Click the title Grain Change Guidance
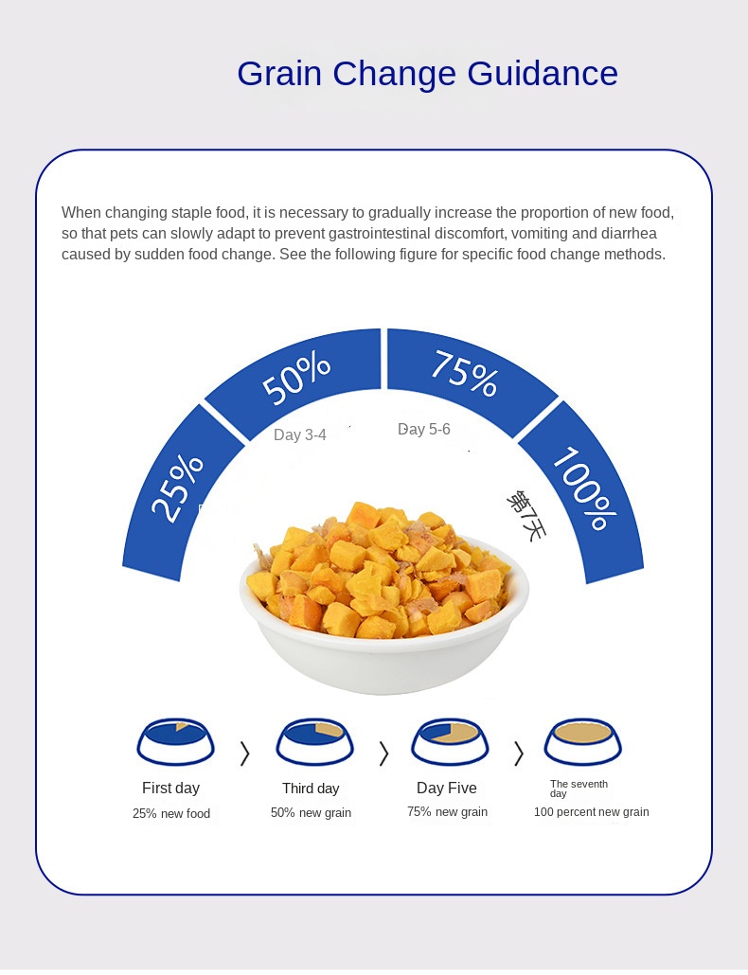coord(427,74)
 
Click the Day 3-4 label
coord(299,434)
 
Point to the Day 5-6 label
coord(423,429)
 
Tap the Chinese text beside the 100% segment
coord(526,515)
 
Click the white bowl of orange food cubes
coord(383,606)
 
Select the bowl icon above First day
coord(176,741)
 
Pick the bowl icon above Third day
coord(314,741)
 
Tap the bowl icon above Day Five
coord(450,741)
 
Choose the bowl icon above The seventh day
coord(583,741)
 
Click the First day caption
coord(170,788)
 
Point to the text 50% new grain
coord(311,812)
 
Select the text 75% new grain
coord(447,811)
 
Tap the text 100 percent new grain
coord(591,811)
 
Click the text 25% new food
coord(171,813)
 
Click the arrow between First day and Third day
coord(245,753)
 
